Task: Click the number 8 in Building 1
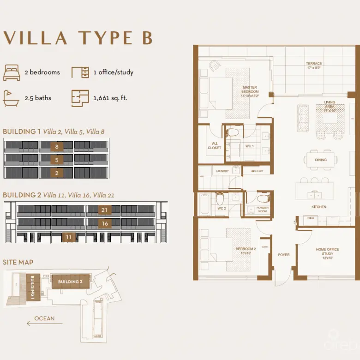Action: click(56, 147)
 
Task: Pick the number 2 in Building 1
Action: click(56, 173)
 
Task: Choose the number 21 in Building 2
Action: click(105, 210)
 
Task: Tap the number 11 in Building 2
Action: click(69, 237)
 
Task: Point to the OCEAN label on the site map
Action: click(44, 318)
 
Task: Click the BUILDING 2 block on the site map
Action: click(70, 282)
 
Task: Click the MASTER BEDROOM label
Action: click(250, 89)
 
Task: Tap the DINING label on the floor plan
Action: click(321, 160)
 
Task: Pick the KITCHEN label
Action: click(319, 207)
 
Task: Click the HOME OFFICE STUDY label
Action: click(327, 252)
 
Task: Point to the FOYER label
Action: click(283, 254)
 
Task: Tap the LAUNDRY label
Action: click(222, 171)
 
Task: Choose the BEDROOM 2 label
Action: click(246, 251)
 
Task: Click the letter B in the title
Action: click(147, 38)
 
